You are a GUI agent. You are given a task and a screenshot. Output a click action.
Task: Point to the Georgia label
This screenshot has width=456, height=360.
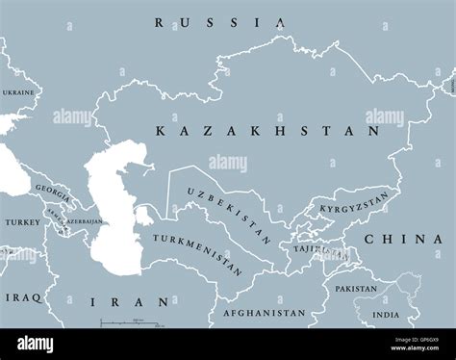(x=50, y=190)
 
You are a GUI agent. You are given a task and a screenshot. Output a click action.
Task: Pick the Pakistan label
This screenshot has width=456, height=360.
(x=356, y=288)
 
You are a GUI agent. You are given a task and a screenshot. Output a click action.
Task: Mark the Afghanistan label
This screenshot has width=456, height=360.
(x=264, y=313)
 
